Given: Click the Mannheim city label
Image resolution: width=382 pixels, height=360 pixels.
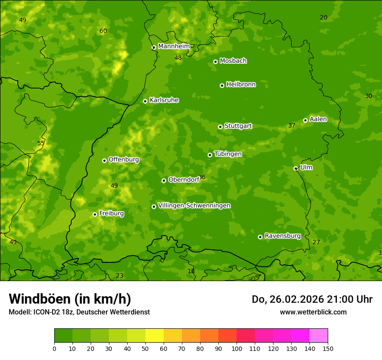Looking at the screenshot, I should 174,46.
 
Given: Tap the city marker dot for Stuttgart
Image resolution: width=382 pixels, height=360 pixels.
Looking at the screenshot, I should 220,127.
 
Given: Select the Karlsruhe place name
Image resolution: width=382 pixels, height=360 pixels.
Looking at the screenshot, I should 164,100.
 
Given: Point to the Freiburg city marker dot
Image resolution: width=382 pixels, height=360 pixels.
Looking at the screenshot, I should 95,214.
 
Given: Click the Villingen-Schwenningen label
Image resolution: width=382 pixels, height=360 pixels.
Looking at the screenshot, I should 194,206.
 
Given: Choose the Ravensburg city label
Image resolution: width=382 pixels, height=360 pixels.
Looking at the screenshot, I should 282,236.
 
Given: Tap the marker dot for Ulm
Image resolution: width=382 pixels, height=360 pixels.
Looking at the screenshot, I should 296,168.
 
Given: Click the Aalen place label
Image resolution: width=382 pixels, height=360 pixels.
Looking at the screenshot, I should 318,119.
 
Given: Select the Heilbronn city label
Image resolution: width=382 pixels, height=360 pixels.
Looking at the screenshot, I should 241,85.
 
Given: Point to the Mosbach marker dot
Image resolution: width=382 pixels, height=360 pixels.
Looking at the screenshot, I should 215,62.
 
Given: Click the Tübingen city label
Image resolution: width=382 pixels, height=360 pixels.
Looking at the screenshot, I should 228,154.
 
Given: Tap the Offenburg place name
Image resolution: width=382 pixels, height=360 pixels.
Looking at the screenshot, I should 124,160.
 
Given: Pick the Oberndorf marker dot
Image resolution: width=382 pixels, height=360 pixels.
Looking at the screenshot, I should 164,180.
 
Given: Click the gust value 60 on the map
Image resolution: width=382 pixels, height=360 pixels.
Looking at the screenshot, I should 103,31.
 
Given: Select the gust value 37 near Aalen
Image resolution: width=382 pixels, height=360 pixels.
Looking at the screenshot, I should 292,126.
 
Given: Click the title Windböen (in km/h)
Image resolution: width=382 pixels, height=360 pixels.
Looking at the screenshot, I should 69,299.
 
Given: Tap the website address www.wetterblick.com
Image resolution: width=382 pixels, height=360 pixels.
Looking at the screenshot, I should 313,312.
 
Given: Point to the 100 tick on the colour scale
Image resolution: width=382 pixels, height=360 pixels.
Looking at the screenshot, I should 237,348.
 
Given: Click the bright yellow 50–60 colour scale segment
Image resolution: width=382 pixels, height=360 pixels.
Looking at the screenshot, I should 155,336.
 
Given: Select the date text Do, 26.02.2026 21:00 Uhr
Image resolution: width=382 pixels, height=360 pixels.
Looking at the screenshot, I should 312,299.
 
